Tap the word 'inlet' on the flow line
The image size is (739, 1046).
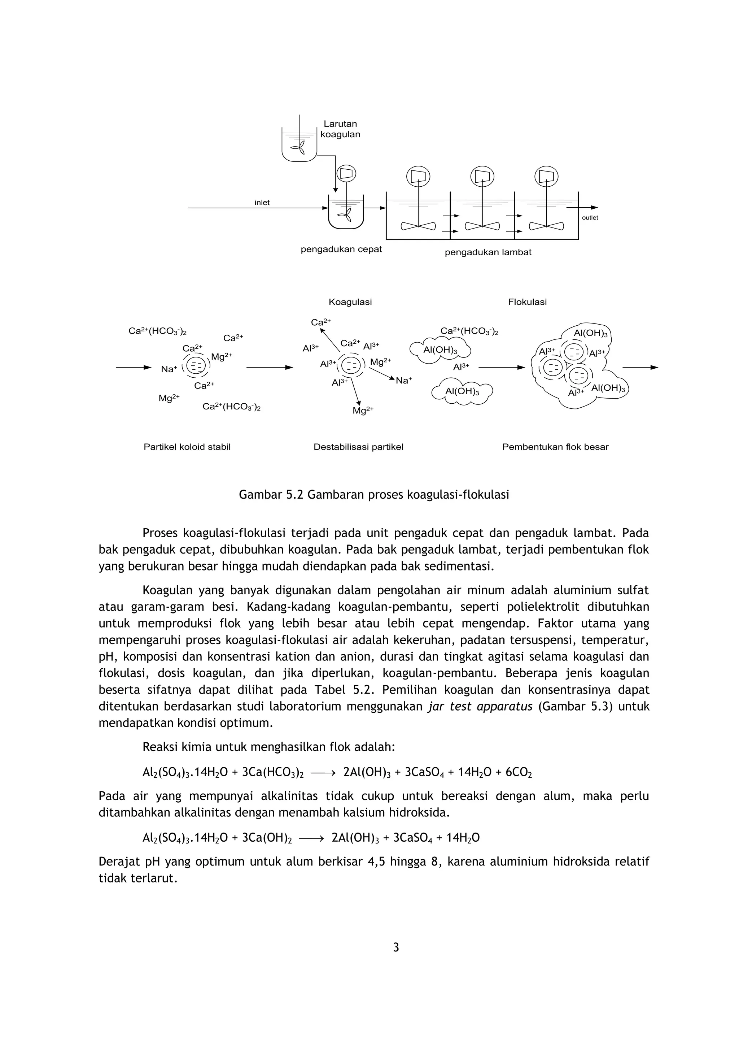(262, 203)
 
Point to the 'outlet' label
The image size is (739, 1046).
(590, 218)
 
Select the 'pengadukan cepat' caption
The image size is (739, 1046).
(341, 249)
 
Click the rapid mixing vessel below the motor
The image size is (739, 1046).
(346, 214)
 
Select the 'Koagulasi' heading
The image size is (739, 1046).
(350, 302)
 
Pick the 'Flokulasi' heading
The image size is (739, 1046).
(527, 302)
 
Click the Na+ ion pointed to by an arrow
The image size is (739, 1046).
(403, 381)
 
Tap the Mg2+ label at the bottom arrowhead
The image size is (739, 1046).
(363, 411)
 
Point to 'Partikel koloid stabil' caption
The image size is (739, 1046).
(187, 447)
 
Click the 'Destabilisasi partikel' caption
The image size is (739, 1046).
(358, 447)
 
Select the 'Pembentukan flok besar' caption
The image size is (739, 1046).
(555, 447)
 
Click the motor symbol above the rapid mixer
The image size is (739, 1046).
(346, 174)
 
